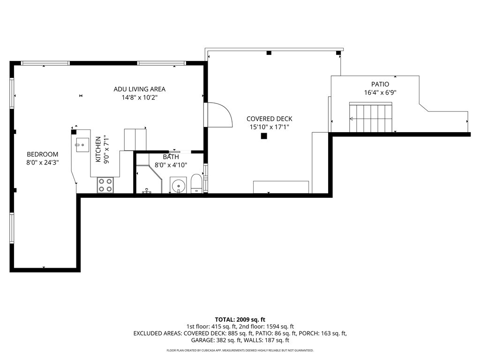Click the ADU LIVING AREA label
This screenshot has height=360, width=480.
tap(139, 89)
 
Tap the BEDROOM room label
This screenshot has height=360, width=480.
tap(42, 154)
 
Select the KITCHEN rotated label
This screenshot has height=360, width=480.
tap(98, 150)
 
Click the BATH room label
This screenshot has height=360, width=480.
tap(171, 157)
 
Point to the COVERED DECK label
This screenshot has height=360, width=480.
tap(269, 119)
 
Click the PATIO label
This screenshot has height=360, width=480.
tap(380, 84)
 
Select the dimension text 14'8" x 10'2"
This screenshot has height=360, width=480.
tap(139, 98)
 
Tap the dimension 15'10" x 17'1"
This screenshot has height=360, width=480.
tap(269, 127)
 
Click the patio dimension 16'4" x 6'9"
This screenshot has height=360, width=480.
tap(380, 93)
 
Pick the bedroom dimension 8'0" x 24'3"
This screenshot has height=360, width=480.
tap(42, 163)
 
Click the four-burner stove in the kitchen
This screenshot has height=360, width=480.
tap(105, 185)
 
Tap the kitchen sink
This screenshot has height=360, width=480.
tap(81, 142)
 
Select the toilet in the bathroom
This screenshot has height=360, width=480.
tap(196, 184)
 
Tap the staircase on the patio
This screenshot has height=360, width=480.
tap(370, 119)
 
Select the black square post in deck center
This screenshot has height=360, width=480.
tap(264, 136)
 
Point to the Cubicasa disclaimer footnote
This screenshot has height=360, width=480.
tap(240, 350)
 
